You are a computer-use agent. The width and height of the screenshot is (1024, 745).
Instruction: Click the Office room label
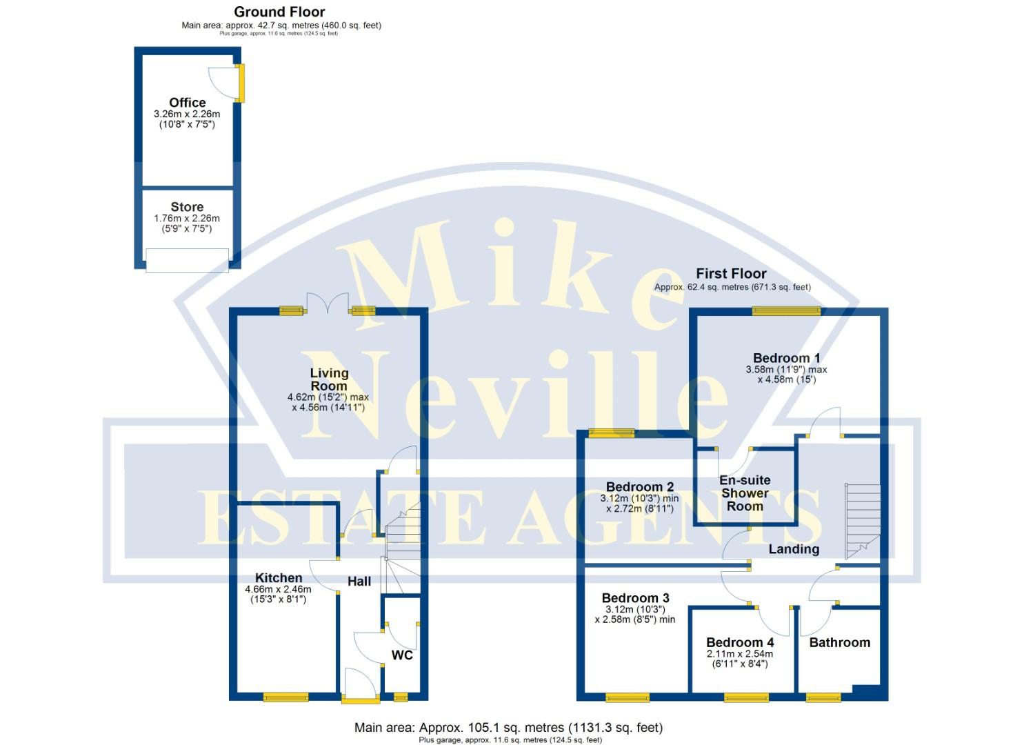tap(187, 103)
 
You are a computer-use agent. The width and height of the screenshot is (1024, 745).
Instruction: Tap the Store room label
tap(187, 207)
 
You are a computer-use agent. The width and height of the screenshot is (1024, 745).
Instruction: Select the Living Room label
tap(329, 379)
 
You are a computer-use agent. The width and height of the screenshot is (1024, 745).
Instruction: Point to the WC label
tap(402, 655)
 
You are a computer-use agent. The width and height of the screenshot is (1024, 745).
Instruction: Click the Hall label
tap(359, 582)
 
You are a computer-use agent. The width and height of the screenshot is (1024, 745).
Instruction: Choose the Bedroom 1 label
tap(786, 358)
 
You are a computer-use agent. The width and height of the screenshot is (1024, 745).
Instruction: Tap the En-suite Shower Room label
tap(745, 493)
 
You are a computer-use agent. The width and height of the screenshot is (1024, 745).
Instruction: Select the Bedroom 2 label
tap(640, 487)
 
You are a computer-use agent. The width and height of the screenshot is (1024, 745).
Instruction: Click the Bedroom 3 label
tap(635, 598)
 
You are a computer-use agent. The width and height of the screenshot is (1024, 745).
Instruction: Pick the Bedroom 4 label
tap(740, 642)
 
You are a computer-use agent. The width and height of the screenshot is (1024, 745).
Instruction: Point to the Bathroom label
tap(839, 642)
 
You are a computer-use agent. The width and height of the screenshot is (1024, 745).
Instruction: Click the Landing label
tap(794, 549)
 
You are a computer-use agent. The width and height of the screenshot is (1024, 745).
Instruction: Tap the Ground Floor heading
tap(279, 12)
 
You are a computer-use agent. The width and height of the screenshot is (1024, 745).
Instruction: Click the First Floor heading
tap(731, 273)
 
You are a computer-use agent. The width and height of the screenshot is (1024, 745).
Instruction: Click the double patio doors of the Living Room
tap(328, 304)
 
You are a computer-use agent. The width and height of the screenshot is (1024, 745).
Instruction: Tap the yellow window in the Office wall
tap(241, 83)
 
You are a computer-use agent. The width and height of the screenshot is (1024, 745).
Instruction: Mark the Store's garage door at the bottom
tap(187, 260)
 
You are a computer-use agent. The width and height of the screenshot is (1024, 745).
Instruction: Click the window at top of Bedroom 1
tap(786, 311)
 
